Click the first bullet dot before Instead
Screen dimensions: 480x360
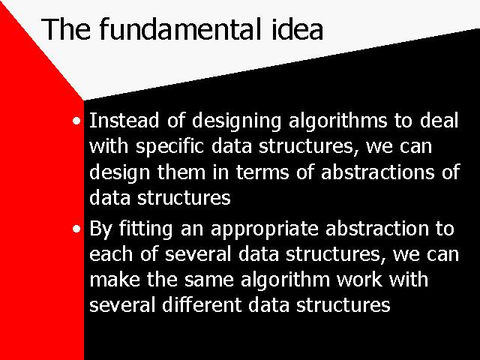[76, 121]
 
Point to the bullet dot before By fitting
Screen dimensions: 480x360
[76, 229]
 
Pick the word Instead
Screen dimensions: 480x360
[124, 120]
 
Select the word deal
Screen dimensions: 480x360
[439, 120]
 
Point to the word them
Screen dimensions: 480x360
[181, 172]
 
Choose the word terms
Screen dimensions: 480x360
[262, 172]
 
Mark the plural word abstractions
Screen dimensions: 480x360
[377, 172]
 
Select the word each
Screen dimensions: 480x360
[111, 253]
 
